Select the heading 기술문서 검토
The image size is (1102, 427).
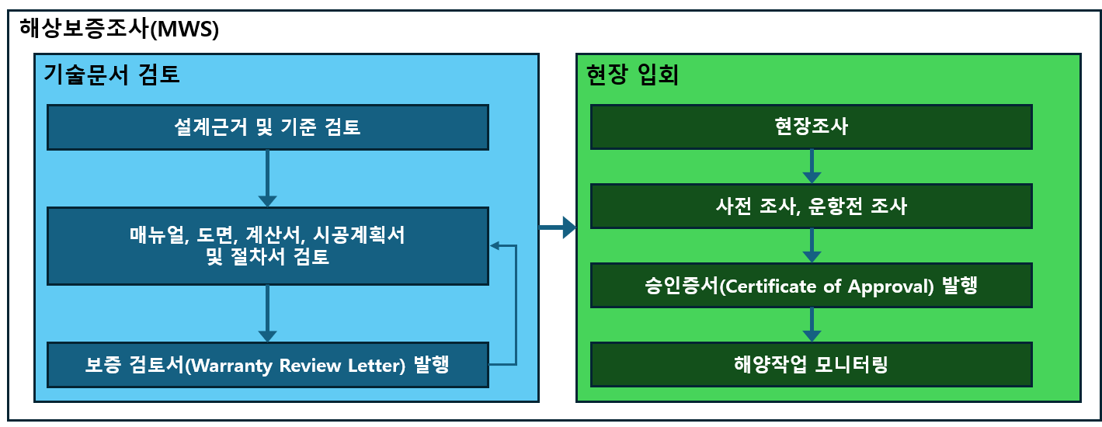coord(111,75)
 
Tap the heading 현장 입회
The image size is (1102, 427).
coord(633,75)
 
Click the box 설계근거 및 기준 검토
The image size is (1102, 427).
coord(267,127)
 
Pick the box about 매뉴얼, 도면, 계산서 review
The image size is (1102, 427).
coord(267,245)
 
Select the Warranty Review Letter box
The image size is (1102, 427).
coord(267,364)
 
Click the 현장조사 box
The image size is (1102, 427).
coord(811,127)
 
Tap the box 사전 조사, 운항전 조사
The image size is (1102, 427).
coord(811,206)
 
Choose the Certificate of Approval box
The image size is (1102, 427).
coord(811,285)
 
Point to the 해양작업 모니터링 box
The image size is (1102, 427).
coord(811,364)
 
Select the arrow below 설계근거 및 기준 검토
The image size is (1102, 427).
coord(267,178)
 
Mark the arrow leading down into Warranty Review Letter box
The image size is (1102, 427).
coord(267,313)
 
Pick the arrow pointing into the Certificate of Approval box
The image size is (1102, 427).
coord(811,245)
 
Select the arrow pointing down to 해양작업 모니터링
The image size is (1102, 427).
coord(811,325)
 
